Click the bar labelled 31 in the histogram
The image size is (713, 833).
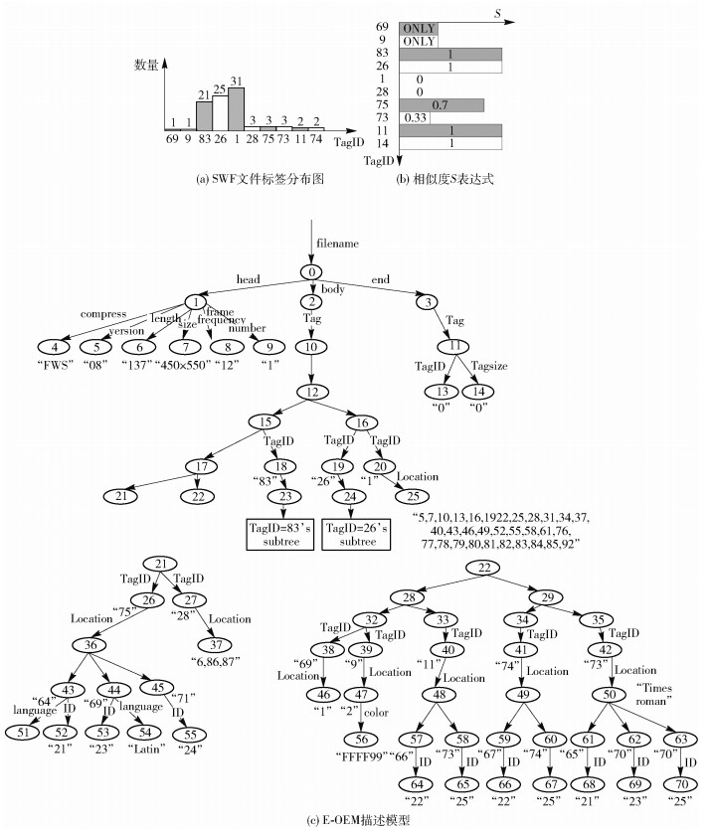[x=237, y=109]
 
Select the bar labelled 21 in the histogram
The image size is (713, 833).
[x=204, y=115]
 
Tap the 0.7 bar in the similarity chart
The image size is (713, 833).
[x=441, y=104]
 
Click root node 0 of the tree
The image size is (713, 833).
[x=312, y=272]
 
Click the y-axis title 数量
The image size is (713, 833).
[x=148, y=65]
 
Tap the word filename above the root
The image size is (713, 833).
[x=337, y=243]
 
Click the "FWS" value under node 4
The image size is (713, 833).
[x=61, y=363]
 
